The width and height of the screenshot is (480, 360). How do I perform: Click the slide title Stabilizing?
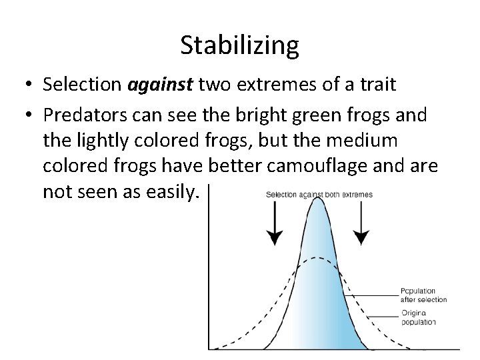coord(239,45)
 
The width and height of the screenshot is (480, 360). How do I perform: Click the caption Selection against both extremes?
coord(319,195)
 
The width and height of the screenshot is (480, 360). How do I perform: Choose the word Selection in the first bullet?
coord(79,85)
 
